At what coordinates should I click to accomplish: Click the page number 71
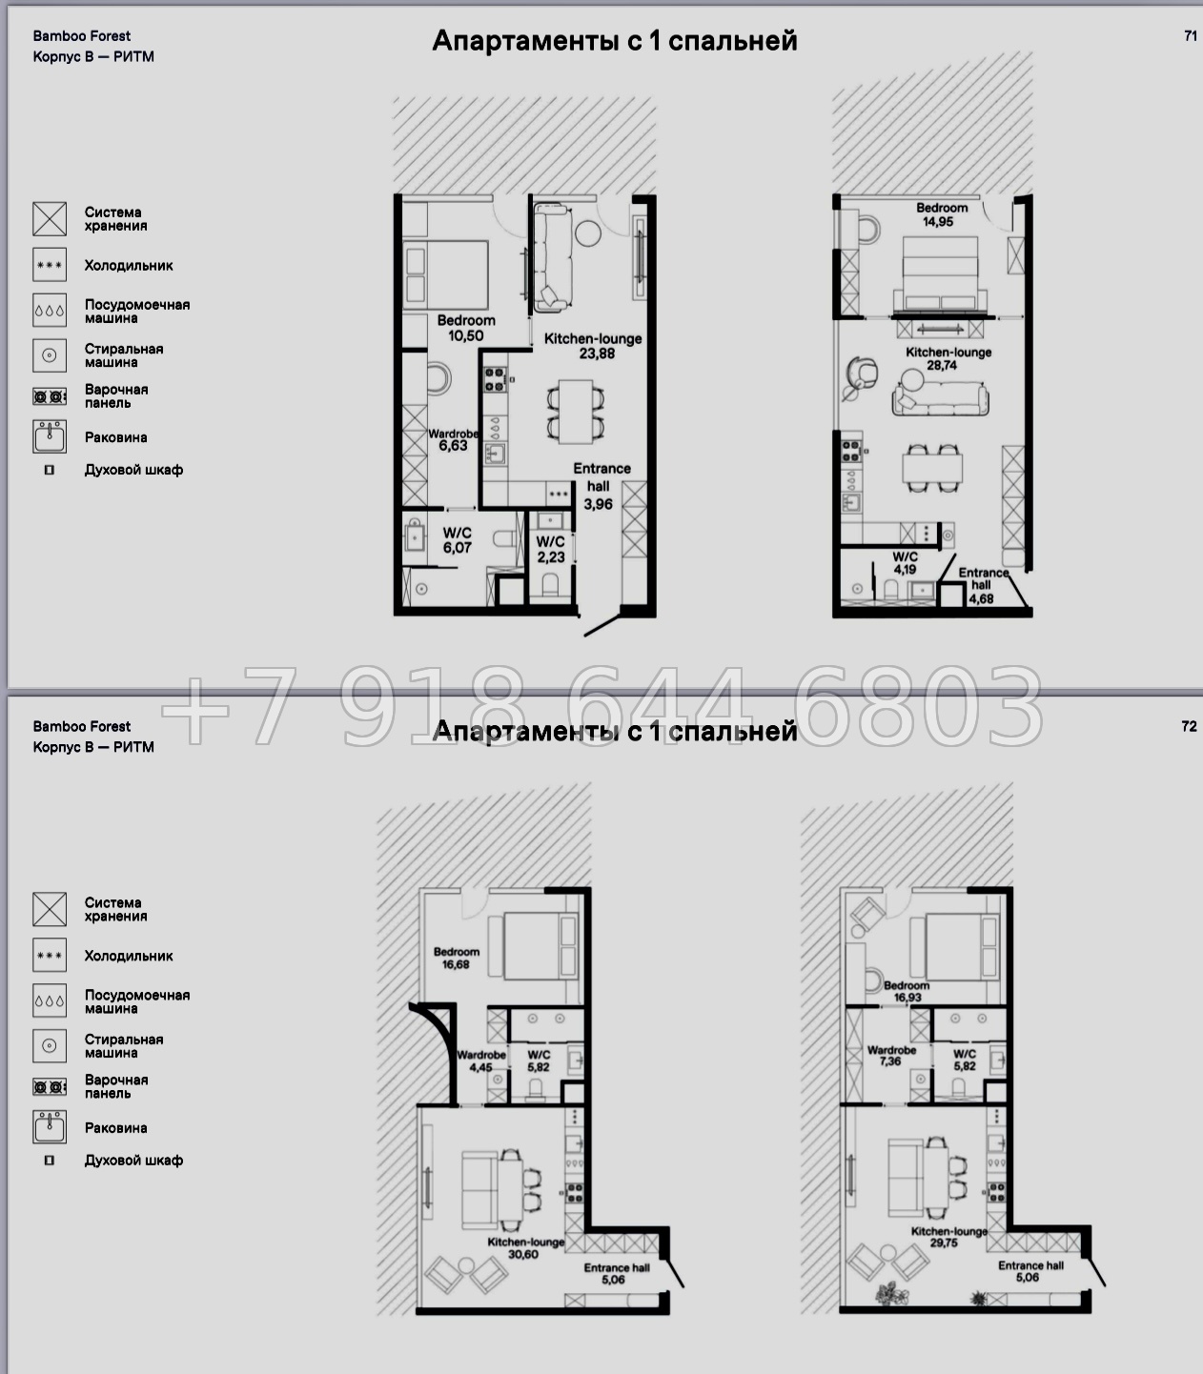(x=1190, y=36)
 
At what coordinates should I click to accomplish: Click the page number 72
(x=1189, y=726)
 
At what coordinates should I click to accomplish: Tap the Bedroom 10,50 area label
(x=465, y=328)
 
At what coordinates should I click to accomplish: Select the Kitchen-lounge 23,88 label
(x=593, y=346)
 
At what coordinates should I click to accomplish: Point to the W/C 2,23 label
(x=550, y=549)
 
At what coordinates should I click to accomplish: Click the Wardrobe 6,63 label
(x=454, y=440)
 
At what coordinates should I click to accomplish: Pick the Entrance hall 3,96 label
(x=601, y=486)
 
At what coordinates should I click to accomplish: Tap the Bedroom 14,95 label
(x=941, y=215)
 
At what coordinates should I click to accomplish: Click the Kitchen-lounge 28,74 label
(x=948, y=358)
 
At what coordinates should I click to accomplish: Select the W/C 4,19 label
(x=905, y=563)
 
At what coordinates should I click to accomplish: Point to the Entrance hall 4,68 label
(x=983, y=586)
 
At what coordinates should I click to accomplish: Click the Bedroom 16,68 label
(x=456, y=958)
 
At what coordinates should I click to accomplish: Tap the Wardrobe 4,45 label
(x=481, y=1061)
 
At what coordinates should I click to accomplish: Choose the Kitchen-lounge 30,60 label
(x=525, y=1247)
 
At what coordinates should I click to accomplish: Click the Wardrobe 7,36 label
(x=891, y=1056)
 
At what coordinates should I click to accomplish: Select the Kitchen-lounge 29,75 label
(x=948, y=1237)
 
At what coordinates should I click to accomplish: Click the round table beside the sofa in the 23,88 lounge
(x=588, y=233)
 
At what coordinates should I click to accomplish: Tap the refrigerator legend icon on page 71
(x=50, y=265)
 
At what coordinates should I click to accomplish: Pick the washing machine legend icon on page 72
(x=50, y=1045)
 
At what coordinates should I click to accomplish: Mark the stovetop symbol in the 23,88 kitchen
(x=495, y=379)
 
